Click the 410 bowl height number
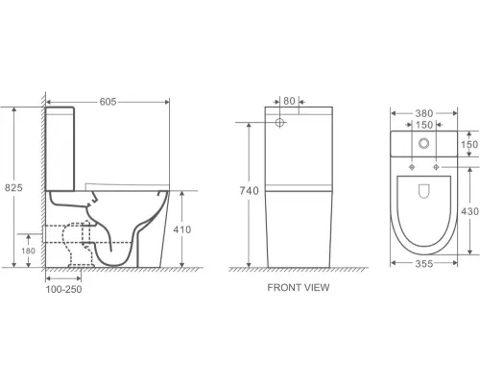tap(183, 229)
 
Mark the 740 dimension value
tap(249, 191)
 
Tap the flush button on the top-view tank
tap(422, 145)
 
